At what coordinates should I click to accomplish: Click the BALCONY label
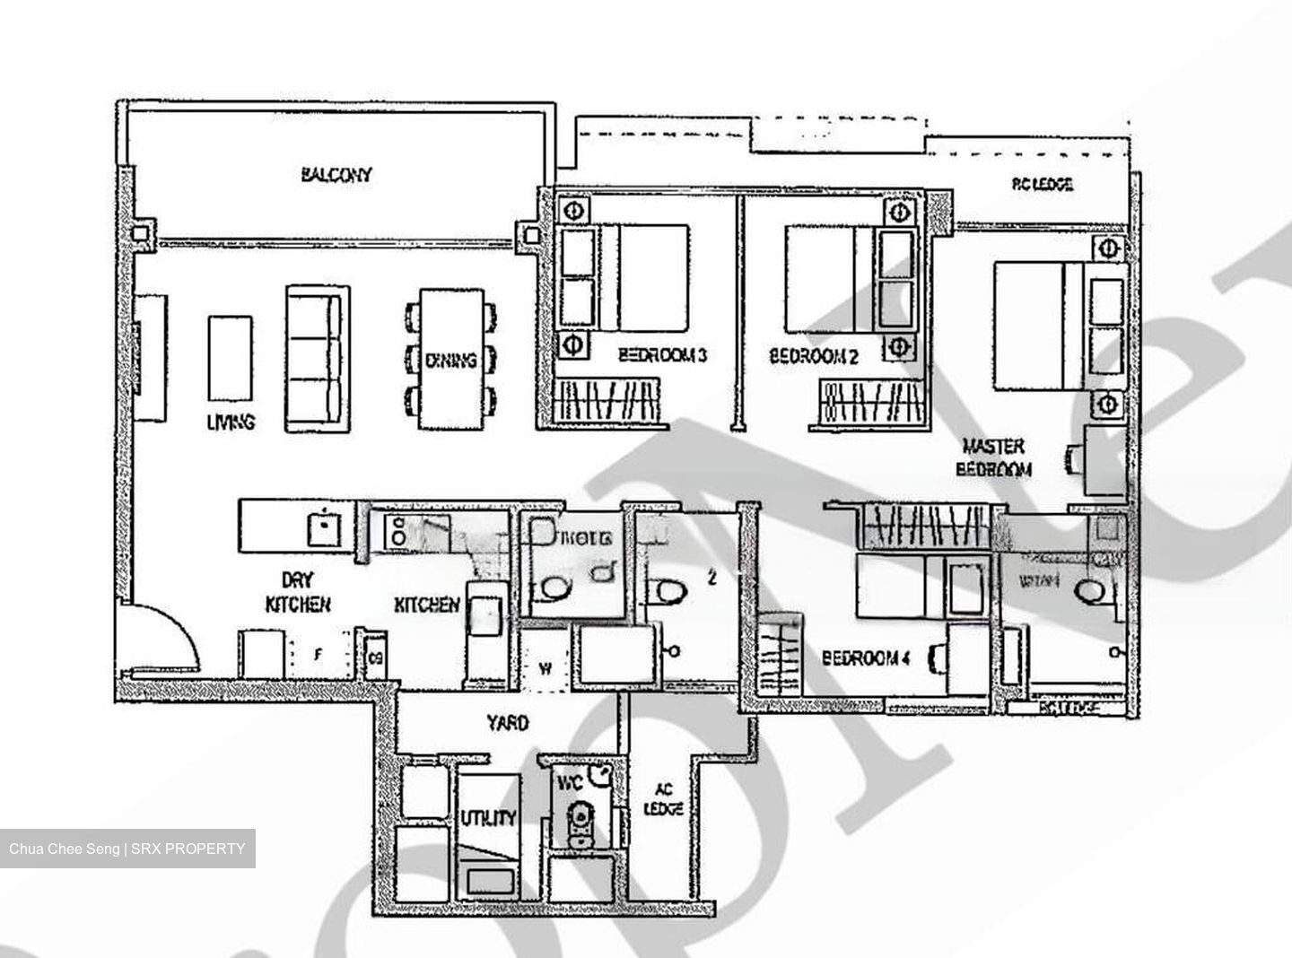point(336,175)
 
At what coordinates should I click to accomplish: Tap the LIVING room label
point(231,422)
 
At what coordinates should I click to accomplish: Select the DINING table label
point(451,361)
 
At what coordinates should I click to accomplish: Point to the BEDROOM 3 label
point(663,356)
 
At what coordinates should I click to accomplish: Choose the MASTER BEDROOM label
point(993,457)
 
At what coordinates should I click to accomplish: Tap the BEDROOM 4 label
point(866,659)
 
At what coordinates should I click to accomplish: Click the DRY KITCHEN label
point(297,593)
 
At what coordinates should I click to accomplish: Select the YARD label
point(508,722)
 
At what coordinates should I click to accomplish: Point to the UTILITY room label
point(488,817)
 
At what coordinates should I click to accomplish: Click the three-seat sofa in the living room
point(314,359)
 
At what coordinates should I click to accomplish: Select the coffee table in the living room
point(230,358)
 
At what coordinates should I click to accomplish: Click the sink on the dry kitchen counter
point(319,528)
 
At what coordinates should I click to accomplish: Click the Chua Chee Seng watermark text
point(127,849)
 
